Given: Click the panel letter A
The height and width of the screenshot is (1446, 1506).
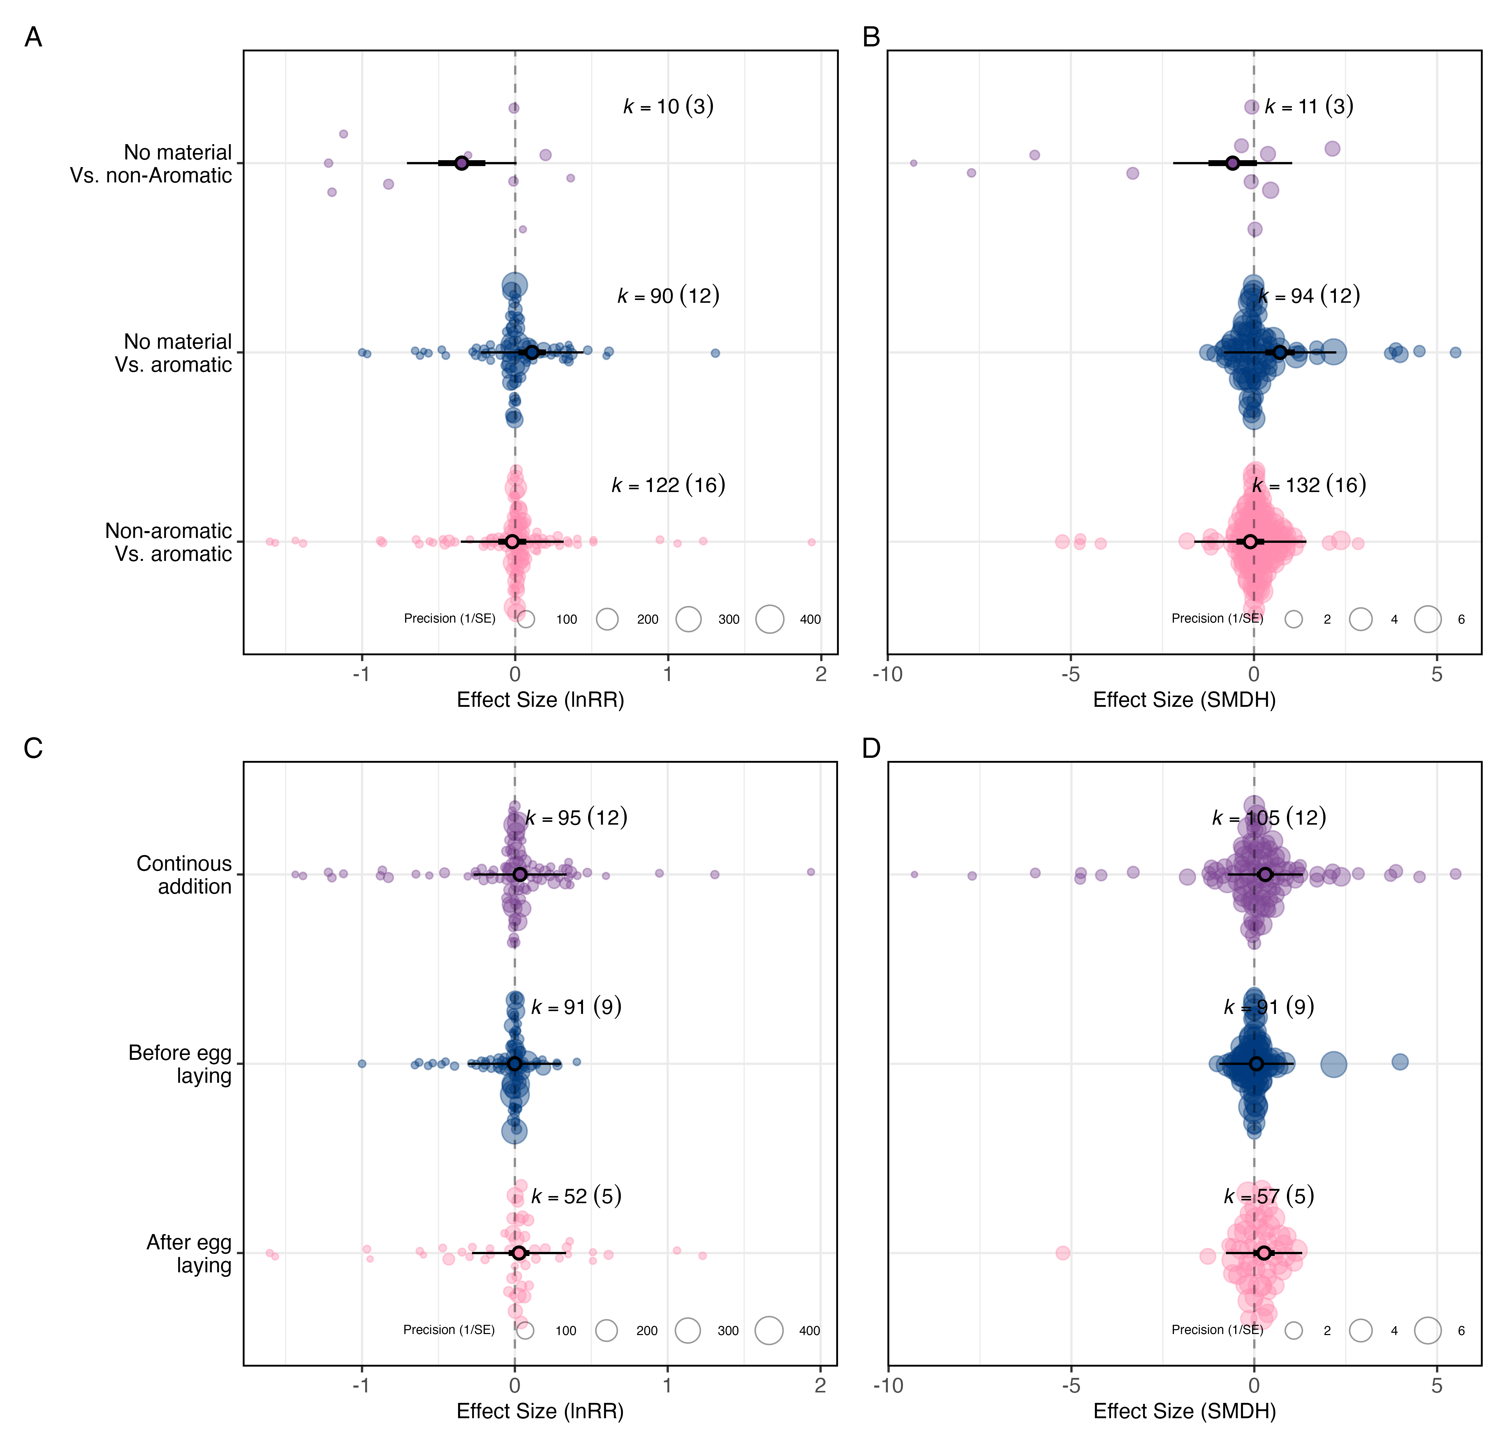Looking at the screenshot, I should pyautogui.click(x=33, y=37).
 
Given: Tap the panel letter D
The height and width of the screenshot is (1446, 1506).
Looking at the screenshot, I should pyautogui.click(x=871, y=748).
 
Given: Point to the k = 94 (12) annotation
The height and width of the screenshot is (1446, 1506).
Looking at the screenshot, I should pyautogui.click(x=1309, y=296).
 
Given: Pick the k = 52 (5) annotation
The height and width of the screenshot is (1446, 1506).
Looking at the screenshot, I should pyautogui.click(x=576, y=1196).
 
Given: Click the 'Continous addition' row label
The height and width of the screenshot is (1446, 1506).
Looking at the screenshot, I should pyautogui.click(x=184, y=874).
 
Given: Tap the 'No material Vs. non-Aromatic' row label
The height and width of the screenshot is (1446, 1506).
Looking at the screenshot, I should pyautogui.click(x=151, y=164).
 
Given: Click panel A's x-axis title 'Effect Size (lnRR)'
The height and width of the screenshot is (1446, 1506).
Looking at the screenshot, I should pyautogui.click(x=540, y=700).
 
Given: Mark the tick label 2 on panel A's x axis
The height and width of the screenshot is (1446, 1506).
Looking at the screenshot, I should pyautogui.click(x=821, y=675).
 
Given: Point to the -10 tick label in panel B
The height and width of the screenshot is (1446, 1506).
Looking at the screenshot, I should pyautogui.click(x=888, y=675).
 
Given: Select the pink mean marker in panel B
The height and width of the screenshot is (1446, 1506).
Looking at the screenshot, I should pyautogui.click(x=1250, y=542).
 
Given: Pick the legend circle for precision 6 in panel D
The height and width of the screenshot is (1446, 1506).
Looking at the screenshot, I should pyautogui.click(x=1428, y=1330).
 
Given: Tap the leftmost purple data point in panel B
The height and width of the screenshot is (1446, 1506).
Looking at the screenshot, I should pyautogui.click(x=914, y=163).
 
